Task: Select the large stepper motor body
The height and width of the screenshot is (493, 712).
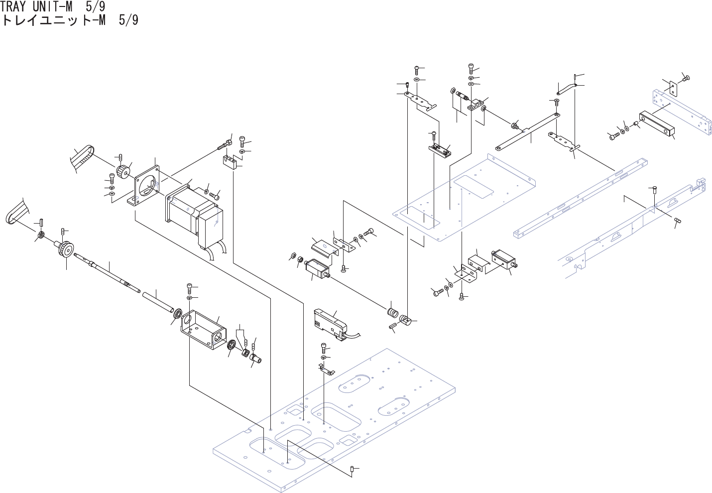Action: [192, 214]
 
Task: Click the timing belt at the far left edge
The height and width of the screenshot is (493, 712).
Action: [16, 212]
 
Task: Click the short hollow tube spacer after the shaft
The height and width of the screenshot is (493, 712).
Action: [157, 303]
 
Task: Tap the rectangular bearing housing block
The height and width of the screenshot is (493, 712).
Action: [204, 331]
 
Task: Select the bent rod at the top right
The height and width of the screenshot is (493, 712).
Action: [567, 88]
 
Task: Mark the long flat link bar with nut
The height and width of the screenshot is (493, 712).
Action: [528, 132]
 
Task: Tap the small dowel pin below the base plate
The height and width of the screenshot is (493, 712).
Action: [353, 469]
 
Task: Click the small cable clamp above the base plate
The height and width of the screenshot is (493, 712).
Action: [326, 369]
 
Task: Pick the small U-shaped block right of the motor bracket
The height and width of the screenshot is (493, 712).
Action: [230, 162]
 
